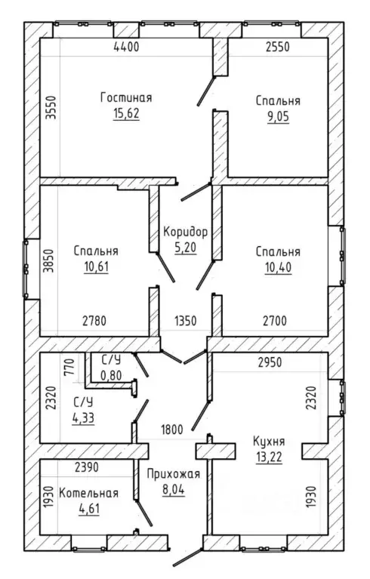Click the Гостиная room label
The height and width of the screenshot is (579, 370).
click(126, 98)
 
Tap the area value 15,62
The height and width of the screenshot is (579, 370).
click(126, 113)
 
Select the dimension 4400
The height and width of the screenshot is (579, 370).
click(126, 47)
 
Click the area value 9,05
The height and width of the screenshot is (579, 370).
click(278, 117)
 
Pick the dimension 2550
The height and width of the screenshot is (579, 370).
click(278, 47)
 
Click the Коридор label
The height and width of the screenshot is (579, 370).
click(185, 232)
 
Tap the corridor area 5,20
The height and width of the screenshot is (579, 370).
click(185, 248)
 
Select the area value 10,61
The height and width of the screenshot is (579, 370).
click(97, 266)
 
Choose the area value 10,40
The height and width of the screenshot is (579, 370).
click(278, 267)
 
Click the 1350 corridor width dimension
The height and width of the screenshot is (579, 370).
click(185, 321)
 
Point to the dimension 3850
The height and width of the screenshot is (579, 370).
click(48, 260)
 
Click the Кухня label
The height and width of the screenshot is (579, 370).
click(269, 442)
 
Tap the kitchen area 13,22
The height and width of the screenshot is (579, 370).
click(269, 457)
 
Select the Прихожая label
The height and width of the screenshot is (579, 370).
click(173, 474)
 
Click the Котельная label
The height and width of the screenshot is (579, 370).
click(88, 493)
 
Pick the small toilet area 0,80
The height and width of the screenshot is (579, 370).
click(111, 375)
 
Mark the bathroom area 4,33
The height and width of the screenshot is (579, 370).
click(83, 418)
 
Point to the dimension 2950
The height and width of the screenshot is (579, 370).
click(270, 362)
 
